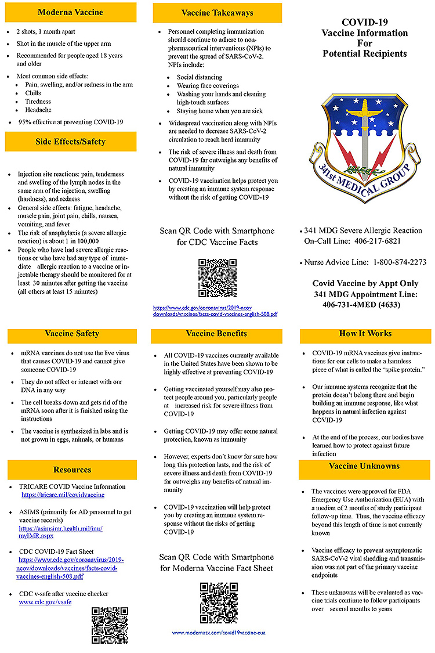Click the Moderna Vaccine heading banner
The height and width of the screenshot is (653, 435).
pos(70,12)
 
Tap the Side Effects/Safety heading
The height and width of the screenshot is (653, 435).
pos(70,142)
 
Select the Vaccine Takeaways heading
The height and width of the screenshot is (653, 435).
pos(217,13)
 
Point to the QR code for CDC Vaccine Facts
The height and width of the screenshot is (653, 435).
pos(217,277)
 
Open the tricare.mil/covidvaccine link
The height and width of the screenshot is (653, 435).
pos(63,495)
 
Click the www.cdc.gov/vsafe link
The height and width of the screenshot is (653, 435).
pos(45,603)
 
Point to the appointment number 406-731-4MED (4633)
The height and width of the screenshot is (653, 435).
pos(365,304)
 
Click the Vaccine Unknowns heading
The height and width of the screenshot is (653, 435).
pos(364,466)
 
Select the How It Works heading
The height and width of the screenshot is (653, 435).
pos(365,334)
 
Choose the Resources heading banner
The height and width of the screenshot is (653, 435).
pos(72,470)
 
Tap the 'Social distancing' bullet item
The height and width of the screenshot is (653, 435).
pos(200,77)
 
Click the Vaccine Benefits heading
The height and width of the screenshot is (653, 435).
pos(216,334)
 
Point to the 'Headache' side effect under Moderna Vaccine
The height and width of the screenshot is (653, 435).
pos(38,110)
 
